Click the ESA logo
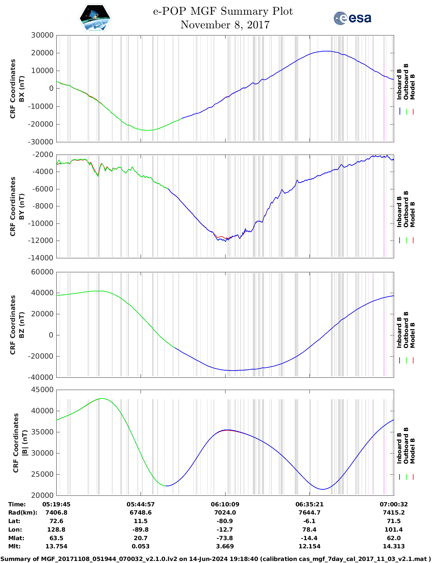coord(352,18)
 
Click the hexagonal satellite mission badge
coord(95,18)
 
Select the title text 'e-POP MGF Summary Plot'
coord(223,11)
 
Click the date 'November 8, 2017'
coord(225,25)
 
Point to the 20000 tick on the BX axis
coord(42,53)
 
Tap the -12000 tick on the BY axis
coord(42,241)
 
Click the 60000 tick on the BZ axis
coord(42,272)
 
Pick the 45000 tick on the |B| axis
coord(42,390)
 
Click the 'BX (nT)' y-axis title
coord(21,89)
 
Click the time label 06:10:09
coord(225,504)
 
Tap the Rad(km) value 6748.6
coord(141,513)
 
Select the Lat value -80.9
coord(225,521)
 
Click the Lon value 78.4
coord(309,530)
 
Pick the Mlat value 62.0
coord(393,538)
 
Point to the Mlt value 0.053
coord(141,546)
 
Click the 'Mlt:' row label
coord(14,546)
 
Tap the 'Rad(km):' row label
coord(23,513)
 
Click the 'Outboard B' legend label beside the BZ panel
coord(406,330)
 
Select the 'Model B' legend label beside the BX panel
coord(412,87)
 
